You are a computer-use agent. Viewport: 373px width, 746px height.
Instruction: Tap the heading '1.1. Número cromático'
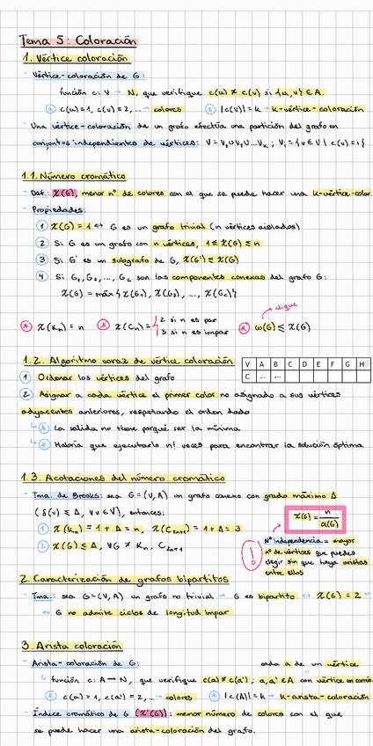pos(74,177)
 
